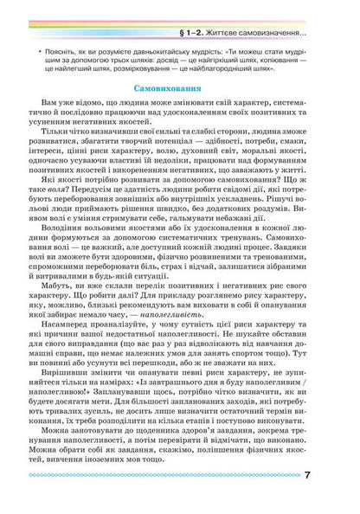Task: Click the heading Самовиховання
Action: pos(180,89)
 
